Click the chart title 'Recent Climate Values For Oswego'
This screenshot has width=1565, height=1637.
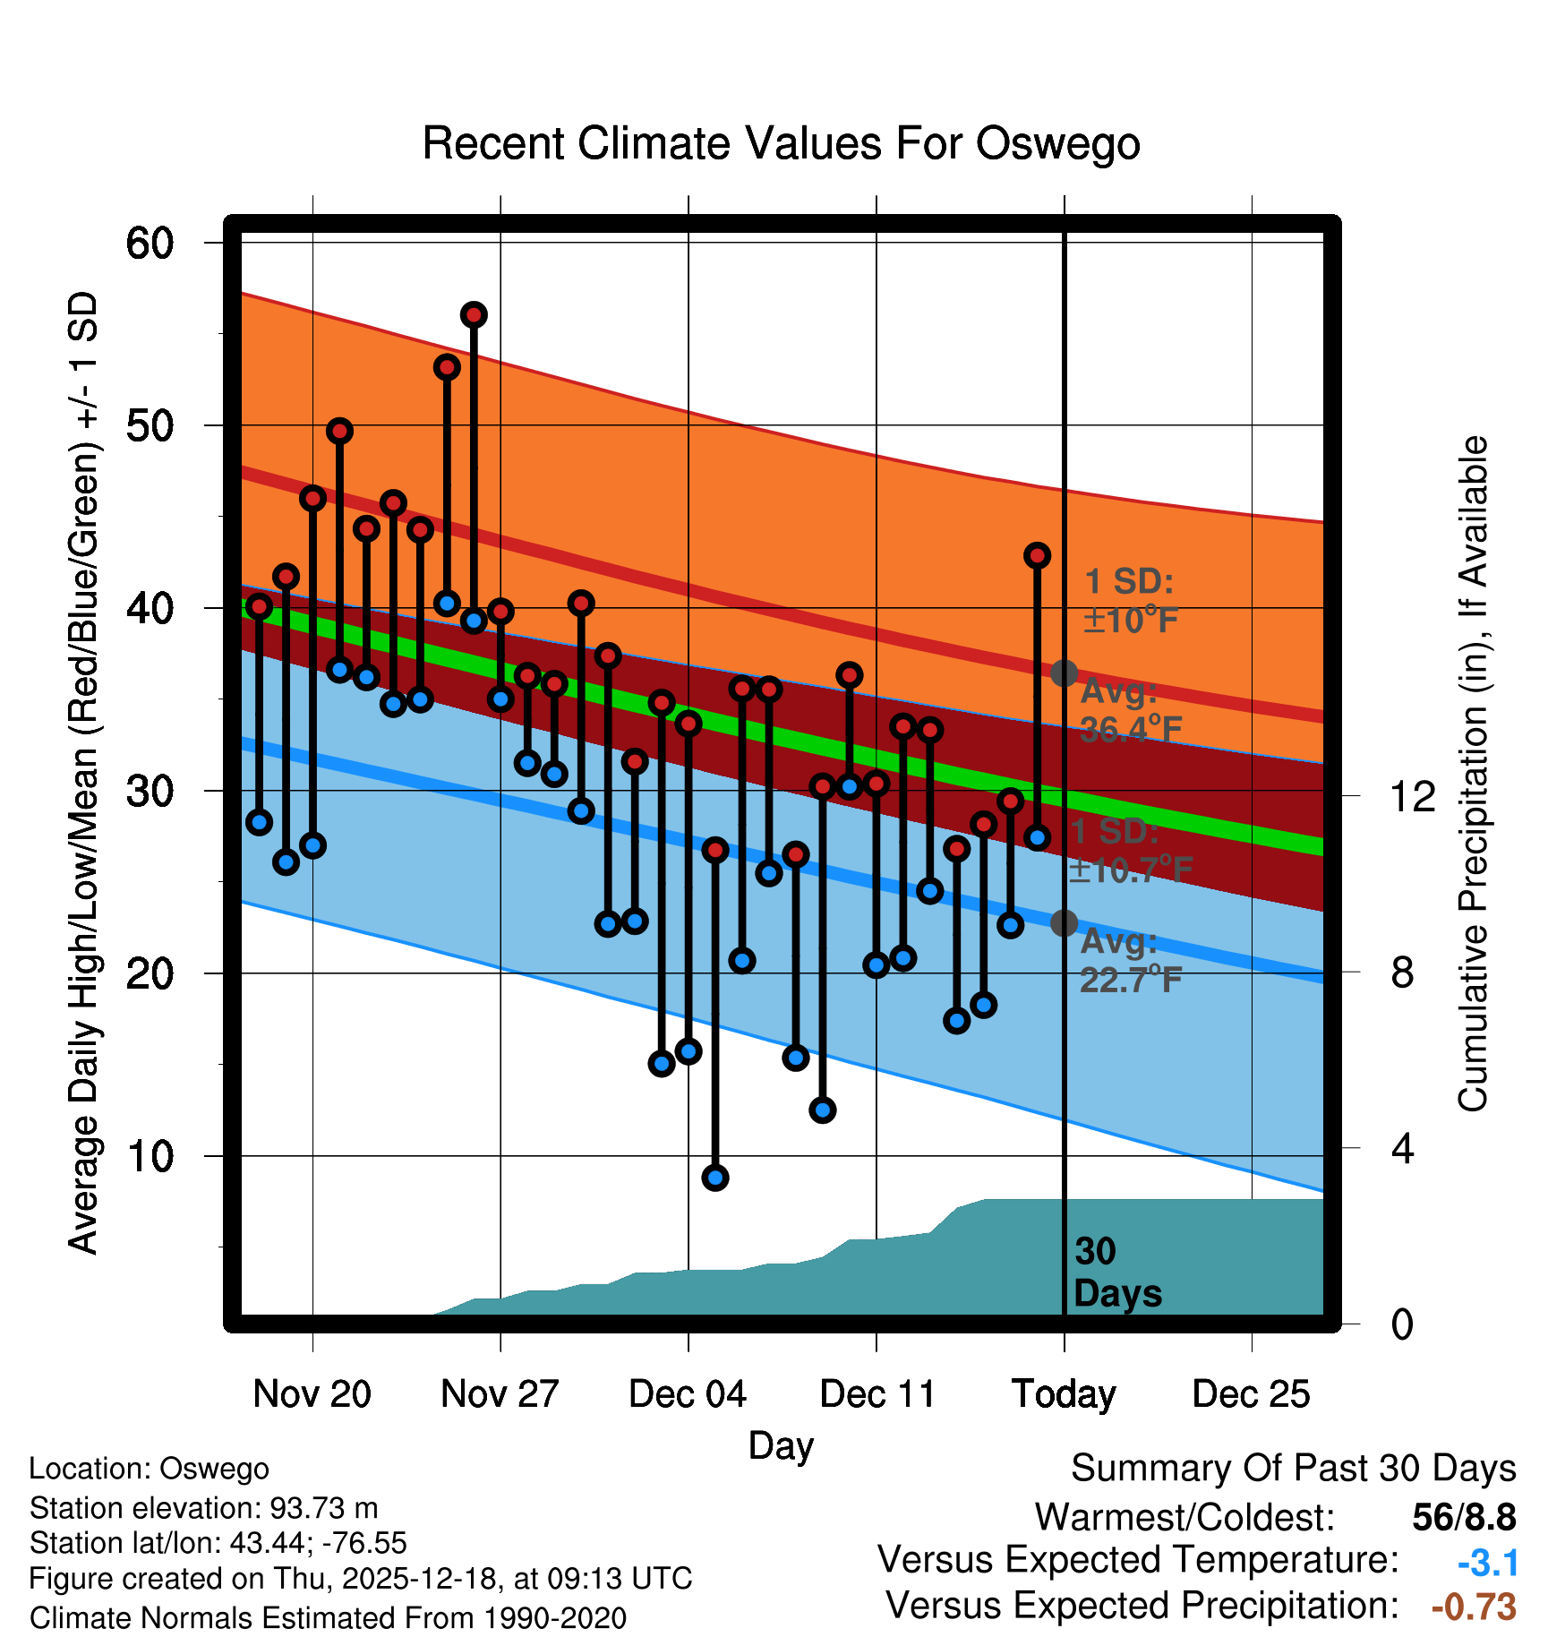pos(781,144)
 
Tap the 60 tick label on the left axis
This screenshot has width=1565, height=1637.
pos(150,244)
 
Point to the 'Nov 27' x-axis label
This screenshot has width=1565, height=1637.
pos(500,1394)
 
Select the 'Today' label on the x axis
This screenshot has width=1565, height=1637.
pos(1064,1394)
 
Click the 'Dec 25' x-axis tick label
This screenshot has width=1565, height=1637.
pos(1251,1394)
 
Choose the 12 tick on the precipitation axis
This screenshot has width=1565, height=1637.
pos(1412,796)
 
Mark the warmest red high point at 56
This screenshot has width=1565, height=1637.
pos(474,315)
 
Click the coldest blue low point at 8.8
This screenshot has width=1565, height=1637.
pos(714,1178)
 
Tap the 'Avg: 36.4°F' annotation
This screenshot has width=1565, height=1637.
pos(1130,711)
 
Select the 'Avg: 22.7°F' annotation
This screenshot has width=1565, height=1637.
pos(1130,961)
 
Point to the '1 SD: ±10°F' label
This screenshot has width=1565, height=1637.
pos(1130,601)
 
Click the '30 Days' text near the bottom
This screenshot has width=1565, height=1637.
pos(1116,1273)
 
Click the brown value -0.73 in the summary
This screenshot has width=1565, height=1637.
pos(1474,1607)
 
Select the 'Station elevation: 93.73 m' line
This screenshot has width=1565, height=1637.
pos(203,1508)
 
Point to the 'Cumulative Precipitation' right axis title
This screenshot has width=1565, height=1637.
pos(1473,775)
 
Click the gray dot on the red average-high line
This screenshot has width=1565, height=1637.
pos(1064,673)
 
